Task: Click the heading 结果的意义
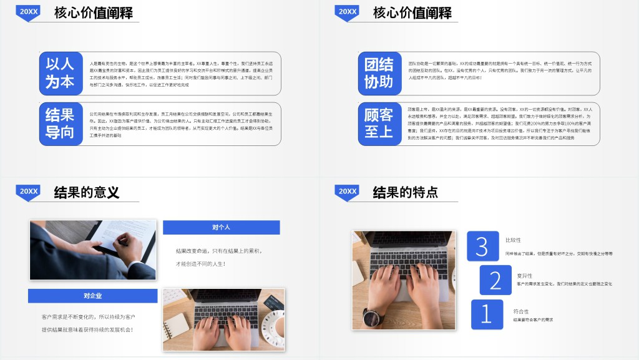[x=87, y=192]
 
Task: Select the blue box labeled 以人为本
[x=61, y=72]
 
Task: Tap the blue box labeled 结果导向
[x=61, y=123]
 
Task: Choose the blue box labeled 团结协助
[x=379, y=72]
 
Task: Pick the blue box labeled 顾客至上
[x=379, y=123]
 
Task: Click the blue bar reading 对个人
[x=221, y=227]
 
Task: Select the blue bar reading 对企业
[x=92, y=296]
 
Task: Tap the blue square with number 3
[x=482, y=246]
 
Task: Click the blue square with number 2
[x=495, y=280]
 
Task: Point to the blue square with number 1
[x=487, y=314]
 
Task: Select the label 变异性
[x=524, y=275]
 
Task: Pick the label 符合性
[x=521, y=311]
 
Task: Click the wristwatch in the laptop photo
[x=371, y=317]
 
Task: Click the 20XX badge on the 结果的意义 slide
[x=29, y=192]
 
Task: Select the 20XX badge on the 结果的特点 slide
[x=348, y=192]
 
